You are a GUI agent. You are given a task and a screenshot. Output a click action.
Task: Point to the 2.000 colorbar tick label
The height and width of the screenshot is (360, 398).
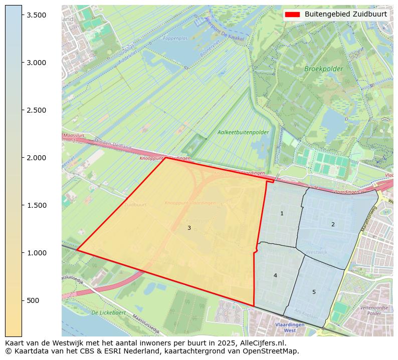tap(37, 158)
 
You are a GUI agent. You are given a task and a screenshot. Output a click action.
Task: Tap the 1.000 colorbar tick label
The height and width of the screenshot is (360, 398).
tap(37, 253)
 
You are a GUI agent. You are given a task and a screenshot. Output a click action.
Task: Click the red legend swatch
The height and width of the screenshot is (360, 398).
tap(292, 14)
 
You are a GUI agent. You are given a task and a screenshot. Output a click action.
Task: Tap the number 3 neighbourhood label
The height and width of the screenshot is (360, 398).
tap(189, 228)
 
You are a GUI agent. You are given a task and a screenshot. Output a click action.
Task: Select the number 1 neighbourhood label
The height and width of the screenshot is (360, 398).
tap(282, 214)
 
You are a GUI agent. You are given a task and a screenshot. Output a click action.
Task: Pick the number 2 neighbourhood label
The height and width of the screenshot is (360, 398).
tap(333, 224)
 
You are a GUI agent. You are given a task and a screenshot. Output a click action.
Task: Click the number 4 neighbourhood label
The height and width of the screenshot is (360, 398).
tap(275, 276)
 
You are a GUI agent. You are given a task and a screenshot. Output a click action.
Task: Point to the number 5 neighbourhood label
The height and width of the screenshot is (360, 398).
tap(314, 292)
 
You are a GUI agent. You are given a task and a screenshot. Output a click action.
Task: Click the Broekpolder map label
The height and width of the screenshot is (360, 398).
tap(324, 69)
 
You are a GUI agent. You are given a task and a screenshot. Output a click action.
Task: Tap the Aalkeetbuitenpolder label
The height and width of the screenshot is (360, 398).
tap(243, 133)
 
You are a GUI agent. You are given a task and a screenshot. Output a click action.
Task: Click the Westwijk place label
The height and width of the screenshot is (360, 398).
tap(316, 252)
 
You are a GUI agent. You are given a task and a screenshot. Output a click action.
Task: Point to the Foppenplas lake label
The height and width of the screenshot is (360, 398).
tap(175, 39)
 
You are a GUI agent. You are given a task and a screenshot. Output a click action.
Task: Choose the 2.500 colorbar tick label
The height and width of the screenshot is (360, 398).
tap(37, 110)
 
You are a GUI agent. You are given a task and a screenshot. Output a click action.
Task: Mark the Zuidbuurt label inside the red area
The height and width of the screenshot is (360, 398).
tap(135, 205)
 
